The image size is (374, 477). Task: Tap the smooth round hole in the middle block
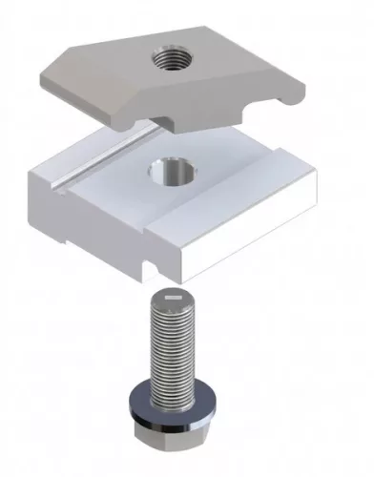click(172, 176)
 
